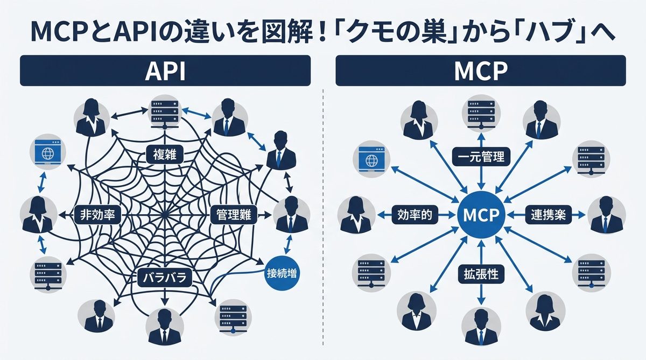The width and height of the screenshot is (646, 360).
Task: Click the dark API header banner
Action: coord(165,70)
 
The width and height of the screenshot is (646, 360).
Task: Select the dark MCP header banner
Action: coord(480,70)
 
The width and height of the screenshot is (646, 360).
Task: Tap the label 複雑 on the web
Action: coord(165,156)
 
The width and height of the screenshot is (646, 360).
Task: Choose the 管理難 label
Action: coord(233,214)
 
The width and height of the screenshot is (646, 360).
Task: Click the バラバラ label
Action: coord(164,278)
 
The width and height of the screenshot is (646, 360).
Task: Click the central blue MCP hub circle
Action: coord(481,214)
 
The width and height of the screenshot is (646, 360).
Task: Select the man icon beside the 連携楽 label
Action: coord(606,215)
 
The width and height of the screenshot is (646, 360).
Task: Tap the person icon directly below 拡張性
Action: coord(480,326)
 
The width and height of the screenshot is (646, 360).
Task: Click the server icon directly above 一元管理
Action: coord(480,111)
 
